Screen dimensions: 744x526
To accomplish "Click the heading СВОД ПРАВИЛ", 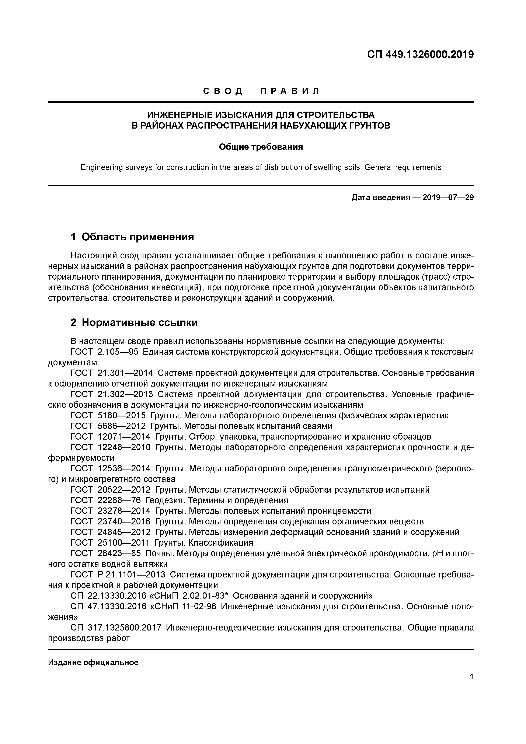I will [x=261, y=91].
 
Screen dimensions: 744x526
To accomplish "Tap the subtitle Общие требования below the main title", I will [x=261, y=147].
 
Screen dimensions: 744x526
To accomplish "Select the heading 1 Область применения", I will [x=132, y=237].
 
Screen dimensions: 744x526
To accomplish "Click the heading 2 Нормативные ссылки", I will [x=134, y=323].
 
